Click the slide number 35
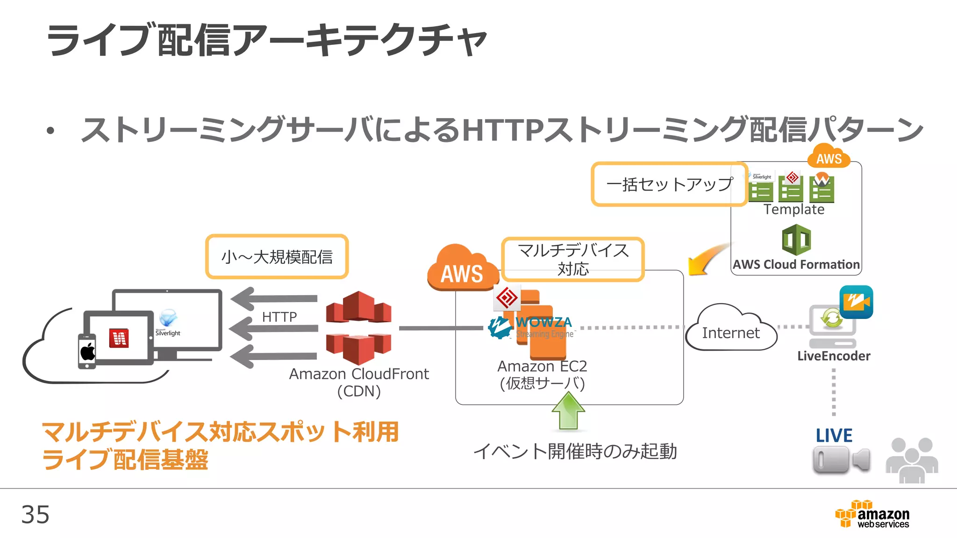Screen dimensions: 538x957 [x=35, y=515]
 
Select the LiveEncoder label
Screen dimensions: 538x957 [x=834, y=356]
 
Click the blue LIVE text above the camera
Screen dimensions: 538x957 [x=834, y=436]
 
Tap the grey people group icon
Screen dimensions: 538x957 [x=912, y=460]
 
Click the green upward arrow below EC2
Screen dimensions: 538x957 [x=568, y=411]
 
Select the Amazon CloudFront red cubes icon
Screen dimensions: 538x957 [x=358, y=328]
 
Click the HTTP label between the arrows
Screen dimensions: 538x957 [x=279, y=317]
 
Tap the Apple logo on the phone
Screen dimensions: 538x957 [x=87, y=351]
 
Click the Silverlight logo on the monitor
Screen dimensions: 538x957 [x=168, y=322]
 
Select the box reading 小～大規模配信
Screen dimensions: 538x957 [x=277, y=257]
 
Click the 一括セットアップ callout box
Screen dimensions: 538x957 [x=669, y=184]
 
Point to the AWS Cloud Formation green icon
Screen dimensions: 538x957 [x=796, y=240]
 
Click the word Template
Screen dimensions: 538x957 [x=794, y=209]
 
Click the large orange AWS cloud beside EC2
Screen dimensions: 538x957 [x=462, y=269]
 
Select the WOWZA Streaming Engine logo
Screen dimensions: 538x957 [x=530, y=327]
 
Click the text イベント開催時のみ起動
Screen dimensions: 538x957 [x=575, y=451]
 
